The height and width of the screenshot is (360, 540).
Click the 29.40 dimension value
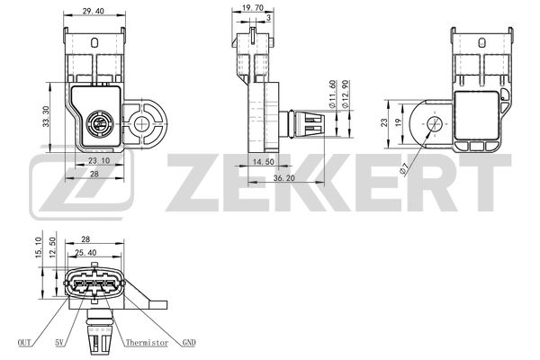pos(93,11)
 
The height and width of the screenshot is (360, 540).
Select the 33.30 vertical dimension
pos(46,117)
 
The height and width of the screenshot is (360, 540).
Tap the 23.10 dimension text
pos(99,160)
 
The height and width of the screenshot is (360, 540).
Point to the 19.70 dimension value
pos(253,8)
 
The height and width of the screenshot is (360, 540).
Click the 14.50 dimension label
pos(264,162)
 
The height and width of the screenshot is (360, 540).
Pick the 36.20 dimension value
pos(284,178)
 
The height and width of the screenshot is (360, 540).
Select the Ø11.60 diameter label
pos(332,94)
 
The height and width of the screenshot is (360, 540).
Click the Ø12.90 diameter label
pos(346,94)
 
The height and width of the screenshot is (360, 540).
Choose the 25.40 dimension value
pos(85,253)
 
